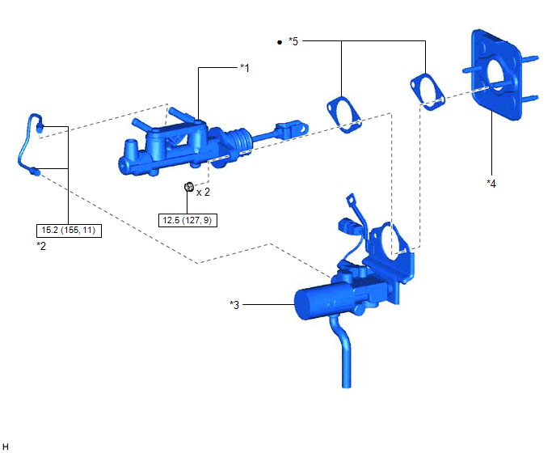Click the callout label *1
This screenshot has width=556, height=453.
coord(245,68)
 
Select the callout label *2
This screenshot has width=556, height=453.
coord(41,246)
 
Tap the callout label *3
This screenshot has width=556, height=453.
coord(234,305)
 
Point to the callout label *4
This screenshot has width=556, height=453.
coord(491,184)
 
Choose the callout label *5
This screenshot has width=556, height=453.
coord(293,41)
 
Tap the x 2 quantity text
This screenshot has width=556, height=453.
coord(203,192)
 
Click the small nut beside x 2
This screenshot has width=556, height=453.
coord(189,186)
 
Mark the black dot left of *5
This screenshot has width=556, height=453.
coord(280,43)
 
